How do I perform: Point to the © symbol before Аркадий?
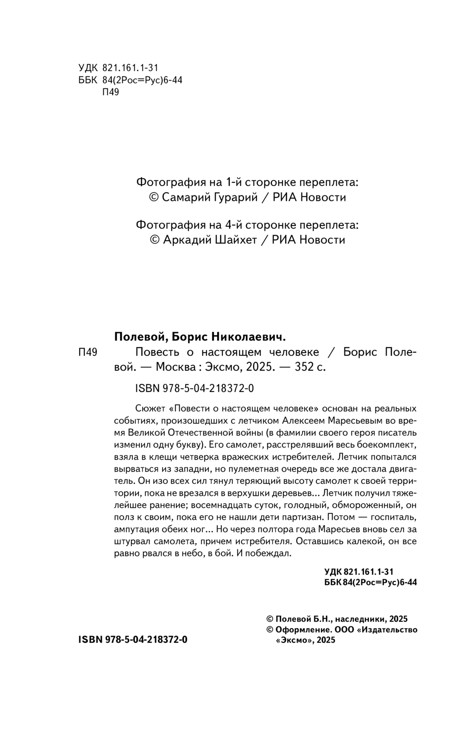click(155, 240)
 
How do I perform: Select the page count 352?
click(305, 367)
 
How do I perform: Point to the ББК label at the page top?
click(88, 80)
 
